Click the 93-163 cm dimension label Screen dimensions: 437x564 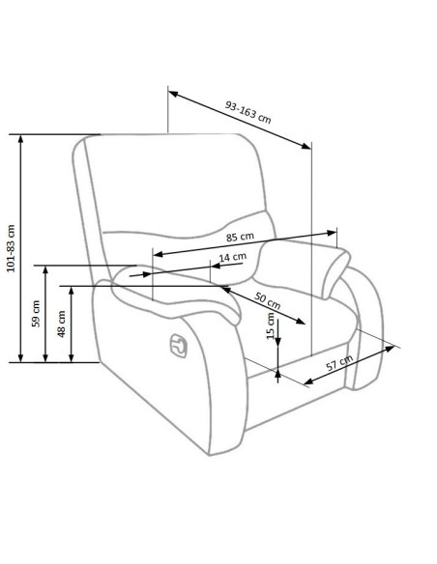tap(248, 112)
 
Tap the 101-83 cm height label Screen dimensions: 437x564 tap(12, 248)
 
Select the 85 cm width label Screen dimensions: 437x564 tap(240, 237)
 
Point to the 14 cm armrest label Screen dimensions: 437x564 tap(233, 257)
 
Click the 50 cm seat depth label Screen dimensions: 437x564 tap(267, 300)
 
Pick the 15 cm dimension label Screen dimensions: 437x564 tap(271, 325)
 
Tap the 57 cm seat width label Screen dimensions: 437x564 tap(339, 363)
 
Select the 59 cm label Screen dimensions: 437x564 tap(36, 313)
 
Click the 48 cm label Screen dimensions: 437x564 tap(62, 324)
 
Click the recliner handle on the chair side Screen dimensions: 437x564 tap(179, 346)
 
